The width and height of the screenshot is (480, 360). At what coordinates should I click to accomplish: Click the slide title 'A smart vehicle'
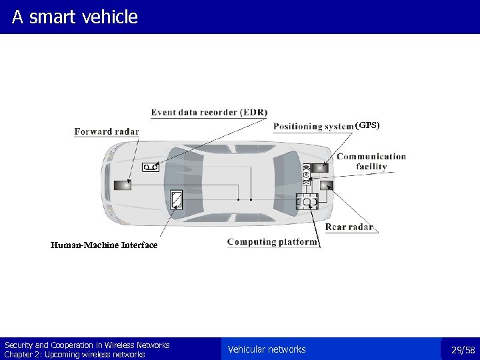pyautogui.click(x=75, y=17)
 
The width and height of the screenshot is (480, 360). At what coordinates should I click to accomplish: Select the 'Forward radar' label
pyautogui.click(x=107, y=131)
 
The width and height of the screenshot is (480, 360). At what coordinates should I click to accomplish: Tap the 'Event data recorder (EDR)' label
pyautogui.click(x=209, y=112)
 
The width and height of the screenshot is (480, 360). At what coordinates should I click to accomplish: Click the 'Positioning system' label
pyautogui.click(x=313, y=127)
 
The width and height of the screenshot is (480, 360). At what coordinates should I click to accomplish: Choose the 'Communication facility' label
pyautogui.click(x=371, y=162)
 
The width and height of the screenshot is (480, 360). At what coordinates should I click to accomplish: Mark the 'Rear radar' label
pyautogui.click(x=349, y=227)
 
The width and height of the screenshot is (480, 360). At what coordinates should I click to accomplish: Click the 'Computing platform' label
pyautogui.click(x=272, y=242)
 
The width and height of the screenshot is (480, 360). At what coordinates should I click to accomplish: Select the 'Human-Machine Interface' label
pyautogui.click(x=104, y=245)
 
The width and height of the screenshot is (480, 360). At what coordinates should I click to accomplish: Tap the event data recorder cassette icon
pyautogui.click(x=150, y=167)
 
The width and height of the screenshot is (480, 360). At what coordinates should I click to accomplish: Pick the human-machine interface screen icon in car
pyautogui.click(x=177, y=199)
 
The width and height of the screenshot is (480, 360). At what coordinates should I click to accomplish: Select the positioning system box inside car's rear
pyautogui.click(x=320, y=168)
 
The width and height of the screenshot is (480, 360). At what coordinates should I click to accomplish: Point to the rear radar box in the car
pyautogui.click(x=325, y=185)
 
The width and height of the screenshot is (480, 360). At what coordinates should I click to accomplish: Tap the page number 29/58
pyautogui.click(x=463, y=350)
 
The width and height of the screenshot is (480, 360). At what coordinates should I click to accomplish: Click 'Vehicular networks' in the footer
pyautogui.click(x=267, y=349)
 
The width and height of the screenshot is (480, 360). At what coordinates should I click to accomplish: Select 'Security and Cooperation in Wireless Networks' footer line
pyautogui.click(x=87, y=345)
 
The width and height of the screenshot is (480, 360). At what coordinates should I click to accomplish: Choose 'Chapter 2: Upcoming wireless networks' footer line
pyautogui.click(x=75, y=355)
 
